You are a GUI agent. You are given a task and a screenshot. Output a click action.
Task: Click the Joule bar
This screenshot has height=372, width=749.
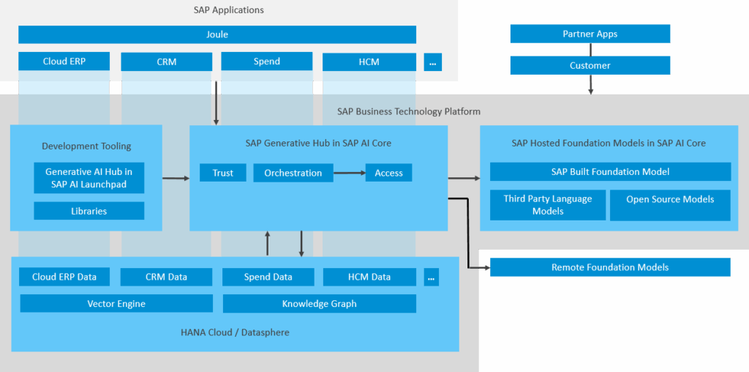click(x=217, y=34)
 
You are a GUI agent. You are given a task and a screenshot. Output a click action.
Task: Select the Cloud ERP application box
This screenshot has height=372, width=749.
click(x=64, y=62)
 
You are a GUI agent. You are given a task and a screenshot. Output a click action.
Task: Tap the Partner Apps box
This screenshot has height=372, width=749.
click(x=590, y=34)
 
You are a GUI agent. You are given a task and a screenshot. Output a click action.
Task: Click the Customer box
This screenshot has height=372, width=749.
click(x=590, y=65)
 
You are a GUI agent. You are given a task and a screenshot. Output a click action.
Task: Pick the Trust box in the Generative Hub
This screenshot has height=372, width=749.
click(x=223, y=173)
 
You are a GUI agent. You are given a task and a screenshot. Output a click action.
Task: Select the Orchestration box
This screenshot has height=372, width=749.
click(x=293, y=173)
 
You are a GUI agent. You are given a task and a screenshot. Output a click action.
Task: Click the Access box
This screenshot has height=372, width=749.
click(x=388, y=173)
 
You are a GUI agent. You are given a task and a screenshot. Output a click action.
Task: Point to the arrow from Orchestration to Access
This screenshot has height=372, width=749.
click(x=349, y=173)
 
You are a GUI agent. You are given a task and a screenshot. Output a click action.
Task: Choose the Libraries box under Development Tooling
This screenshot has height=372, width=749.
click(x=89, y=211)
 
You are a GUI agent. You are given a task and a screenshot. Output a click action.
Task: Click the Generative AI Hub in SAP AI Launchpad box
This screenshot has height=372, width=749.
click(x=89, y=178)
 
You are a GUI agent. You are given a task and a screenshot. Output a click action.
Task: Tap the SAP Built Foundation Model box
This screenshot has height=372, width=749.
click(x=610, y=171)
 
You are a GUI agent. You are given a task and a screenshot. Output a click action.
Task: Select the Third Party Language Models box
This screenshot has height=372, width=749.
click(x=548, y=205)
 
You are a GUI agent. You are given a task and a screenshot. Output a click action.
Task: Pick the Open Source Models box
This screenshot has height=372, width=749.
click(x=669, y=205)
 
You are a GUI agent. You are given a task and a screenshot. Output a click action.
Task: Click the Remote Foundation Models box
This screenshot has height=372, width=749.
click(x=610, y=267)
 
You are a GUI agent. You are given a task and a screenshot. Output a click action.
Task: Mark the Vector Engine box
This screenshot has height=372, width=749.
click(x=116, y=303)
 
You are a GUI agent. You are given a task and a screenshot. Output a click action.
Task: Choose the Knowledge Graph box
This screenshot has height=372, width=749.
click(x=319, y=303)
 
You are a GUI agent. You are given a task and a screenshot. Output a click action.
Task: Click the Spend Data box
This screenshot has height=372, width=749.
click(x=268, y=277)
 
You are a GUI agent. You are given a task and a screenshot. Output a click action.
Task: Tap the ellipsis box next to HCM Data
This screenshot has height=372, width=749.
click(x=432, y=277)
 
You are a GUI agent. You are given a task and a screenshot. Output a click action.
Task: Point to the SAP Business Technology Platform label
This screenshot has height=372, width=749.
click(x=408, y=111)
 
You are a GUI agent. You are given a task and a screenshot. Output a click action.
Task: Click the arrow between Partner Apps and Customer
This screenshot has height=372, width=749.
click(x=590, y=50)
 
